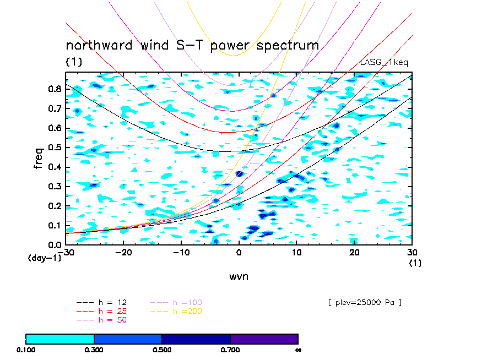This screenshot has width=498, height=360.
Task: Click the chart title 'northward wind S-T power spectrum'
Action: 192,45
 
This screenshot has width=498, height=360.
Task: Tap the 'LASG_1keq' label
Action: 384,63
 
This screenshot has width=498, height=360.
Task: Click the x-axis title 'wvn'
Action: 239,276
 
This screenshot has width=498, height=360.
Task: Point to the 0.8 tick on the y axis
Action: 55,89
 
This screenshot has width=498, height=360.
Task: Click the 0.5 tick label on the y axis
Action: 55,147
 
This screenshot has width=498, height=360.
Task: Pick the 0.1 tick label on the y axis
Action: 55,225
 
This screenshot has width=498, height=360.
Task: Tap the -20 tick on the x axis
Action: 123,252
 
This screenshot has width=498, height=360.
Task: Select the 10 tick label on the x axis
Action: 296,252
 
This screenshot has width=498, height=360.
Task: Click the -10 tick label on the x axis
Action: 181,252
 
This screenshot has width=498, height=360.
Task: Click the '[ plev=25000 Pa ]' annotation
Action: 364,302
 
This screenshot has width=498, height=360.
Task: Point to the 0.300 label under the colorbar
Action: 94,350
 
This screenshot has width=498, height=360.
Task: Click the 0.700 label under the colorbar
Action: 230,350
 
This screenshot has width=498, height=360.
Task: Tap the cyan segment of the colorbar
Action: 60,339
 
